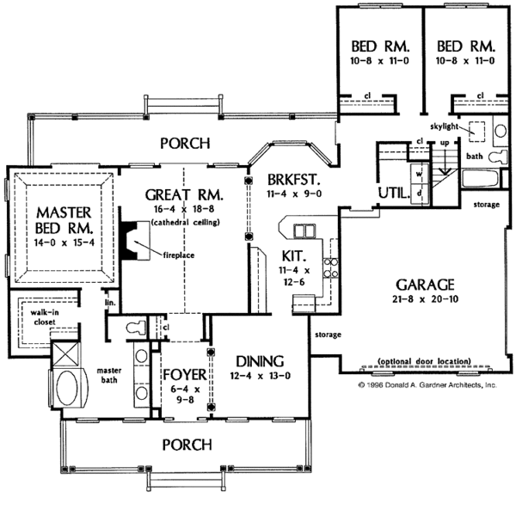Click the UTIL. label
(x=393, y=193)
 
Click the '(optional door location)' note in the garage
(x=423, y=361)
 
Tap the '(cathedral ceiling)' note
(x=181, y=222)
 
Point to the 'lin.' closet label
(x=111, y=304)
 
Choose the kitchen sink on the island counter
(x=304, y=230)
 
